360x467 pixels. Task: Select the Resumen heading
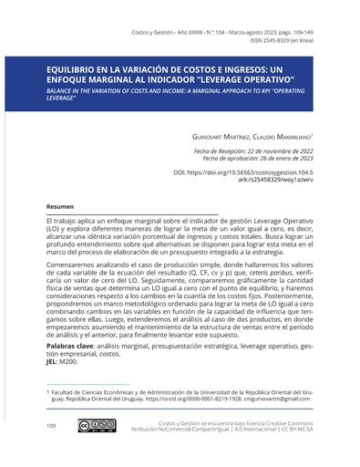click(x=60, y=208)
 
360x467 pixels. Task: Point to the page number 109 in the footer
click(x=52, y=426)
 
